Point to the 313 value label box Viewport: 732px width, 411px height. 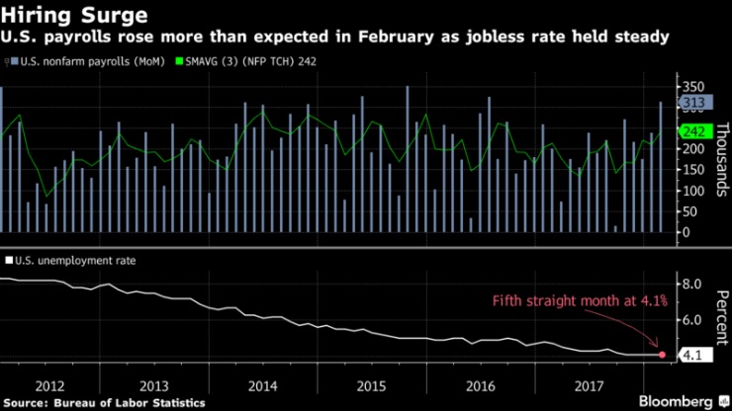tap(689, 103)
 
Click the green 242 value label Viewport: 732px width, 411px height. tap(689, 132)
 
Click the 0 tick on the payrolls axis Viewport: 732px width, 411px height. tap(683, 232)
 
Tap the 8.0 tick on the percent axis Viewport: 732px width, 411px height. tap(690, 285)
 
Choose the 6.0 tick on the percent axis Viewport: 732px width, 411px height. tap(690, 320)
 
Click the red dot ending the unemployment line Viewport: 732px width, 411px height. tap(662, 354)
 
